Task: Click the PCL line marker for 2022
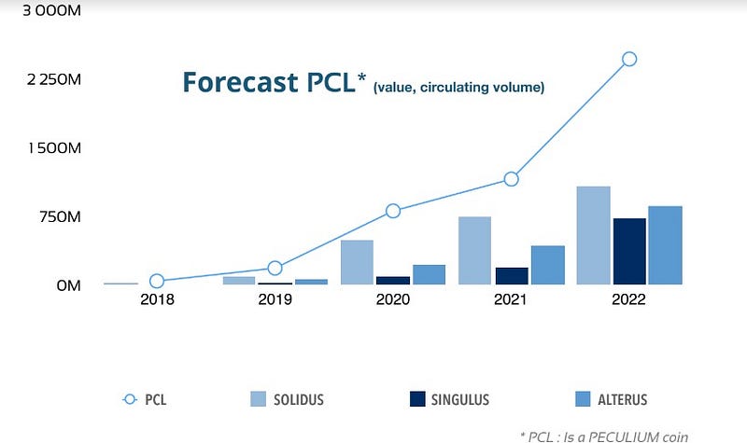tap(629, 59)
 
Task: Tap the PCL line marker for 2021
tap(511, 179)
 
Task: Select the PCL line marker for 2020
tap(393, 211)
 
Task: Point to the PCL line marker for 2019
tap(275, 268)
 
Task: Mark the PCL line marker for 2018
tap(157, 281)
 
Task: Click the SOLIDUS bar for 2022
tap(593, 235)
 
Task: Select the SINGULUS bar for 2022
tap(629, 251)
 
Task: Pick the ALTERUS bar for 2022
tap(665, 244)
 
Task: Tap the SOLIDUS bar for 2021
tap(474, 250)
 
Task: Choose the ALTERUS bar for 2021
tap(547, 265)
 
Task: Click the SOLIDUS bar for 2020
tap(357, 262)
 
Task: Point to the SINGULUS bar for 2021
tap(511, 275)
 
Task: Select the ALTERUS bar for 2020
tap(429, 274)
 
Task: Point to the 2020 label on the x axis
tap(393, 299)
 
